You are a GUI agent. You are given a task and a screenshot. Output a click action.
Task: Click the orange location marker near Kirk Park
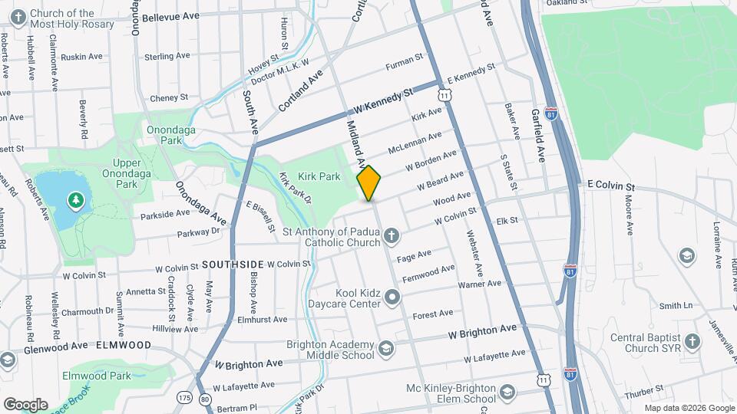[x=369, y=182]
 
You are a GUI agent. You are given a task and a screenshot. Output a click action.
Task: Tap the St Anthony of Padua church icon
[x=392, y=235]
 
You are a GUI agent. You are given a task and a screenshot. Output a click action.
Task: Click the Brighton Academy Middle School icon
[x=385, y=349]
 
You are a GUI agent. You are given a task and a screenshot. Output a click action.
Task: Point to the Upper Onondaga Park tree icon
[x=75, y=201]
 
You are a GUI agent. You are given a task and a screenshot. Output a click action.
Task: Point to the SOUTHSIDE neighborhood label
[x=233, y=264]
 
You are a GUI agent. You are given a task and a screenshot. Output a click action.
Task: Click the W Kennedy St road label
[x=379, y=101]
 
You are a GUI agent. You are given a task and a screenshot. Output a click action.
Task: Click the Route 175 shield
[x=183, y=398]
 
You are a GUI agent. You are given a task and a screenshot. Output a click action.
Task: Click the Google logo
[x=25, y=404]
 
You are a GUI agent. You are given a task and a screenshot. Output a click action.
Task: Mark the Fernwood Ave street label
[x=428, y=273]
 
